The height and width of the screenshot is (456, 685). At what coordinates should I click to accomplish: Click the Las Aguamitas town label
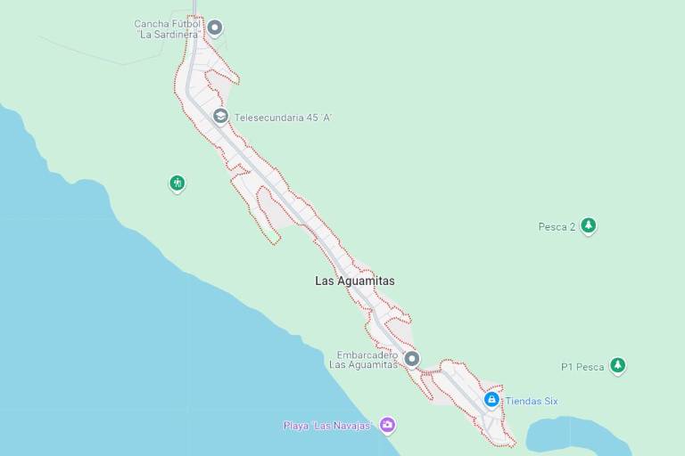pyautogui.click(x=354, y=281)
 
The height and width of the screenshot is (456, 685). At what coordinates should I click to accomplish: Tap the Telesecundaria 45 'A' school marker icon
pyautogui.click(x=220, y=117)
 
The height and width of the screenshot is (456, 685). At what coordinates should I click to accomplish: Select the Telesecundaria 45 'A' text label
pyautogui.click(x=283, y=118)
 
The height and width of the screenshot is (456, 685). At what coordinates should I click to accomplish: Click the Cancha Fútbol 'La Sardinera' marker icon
pyautogui.click(x=215, y=28)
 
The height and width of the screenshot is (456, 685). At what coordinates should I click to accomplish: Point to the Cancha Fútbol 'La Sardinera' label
pyautogui.click(x=167, y=29)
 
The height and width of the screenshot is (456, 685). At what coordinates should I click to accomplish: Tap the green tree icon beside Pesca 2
pyautogui.click(x=588, y=225)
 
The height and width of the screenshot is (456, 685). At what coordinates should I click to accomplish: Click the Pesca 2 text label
pyautogui.click(x=557, y=227)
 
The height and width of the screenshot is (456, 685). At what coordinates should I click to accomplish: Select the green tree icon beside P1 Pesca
pyautogui.click(x=617, y=365)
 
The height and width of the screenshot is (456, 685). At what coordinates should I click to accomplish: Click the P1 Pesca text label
pyautogui.click(x=582, y=367)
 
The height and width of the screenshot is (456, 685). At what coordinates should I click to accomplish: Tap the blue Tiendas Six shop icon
pyautogui.click(x=491, y=400)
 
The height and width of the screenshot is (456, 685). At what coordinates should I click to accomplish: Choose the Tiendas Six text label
pyautogui.click(x=532, y=401)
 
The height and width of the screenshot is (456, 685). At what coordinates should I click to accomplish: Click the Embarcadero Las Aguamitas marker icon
pyautogui.click(x=411, y=359)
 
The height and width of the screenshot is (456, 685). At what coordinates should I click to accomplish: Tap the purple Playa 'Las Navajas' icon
pyautogui.click(x=387, y=425)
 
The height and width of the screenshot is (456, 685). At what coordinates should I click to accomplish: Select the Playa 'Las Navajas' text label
pyautogui.click(x=326, y=426)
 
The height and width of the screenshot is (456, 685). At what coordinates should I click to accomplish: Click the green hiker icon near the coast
pyautogui.click(x=177, y=183)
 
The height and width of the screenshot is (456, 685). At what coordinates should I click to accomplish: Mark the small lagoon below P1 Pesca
pyautogui.click(x=571, y=436)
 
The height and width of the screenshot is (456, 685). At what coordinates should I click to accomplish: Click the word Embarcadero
pyautogui.click(x=367, y=354)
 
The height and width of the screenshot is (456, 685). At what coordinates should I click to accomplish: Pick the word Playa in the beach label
pyautogui.click(x=296, y=426)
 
